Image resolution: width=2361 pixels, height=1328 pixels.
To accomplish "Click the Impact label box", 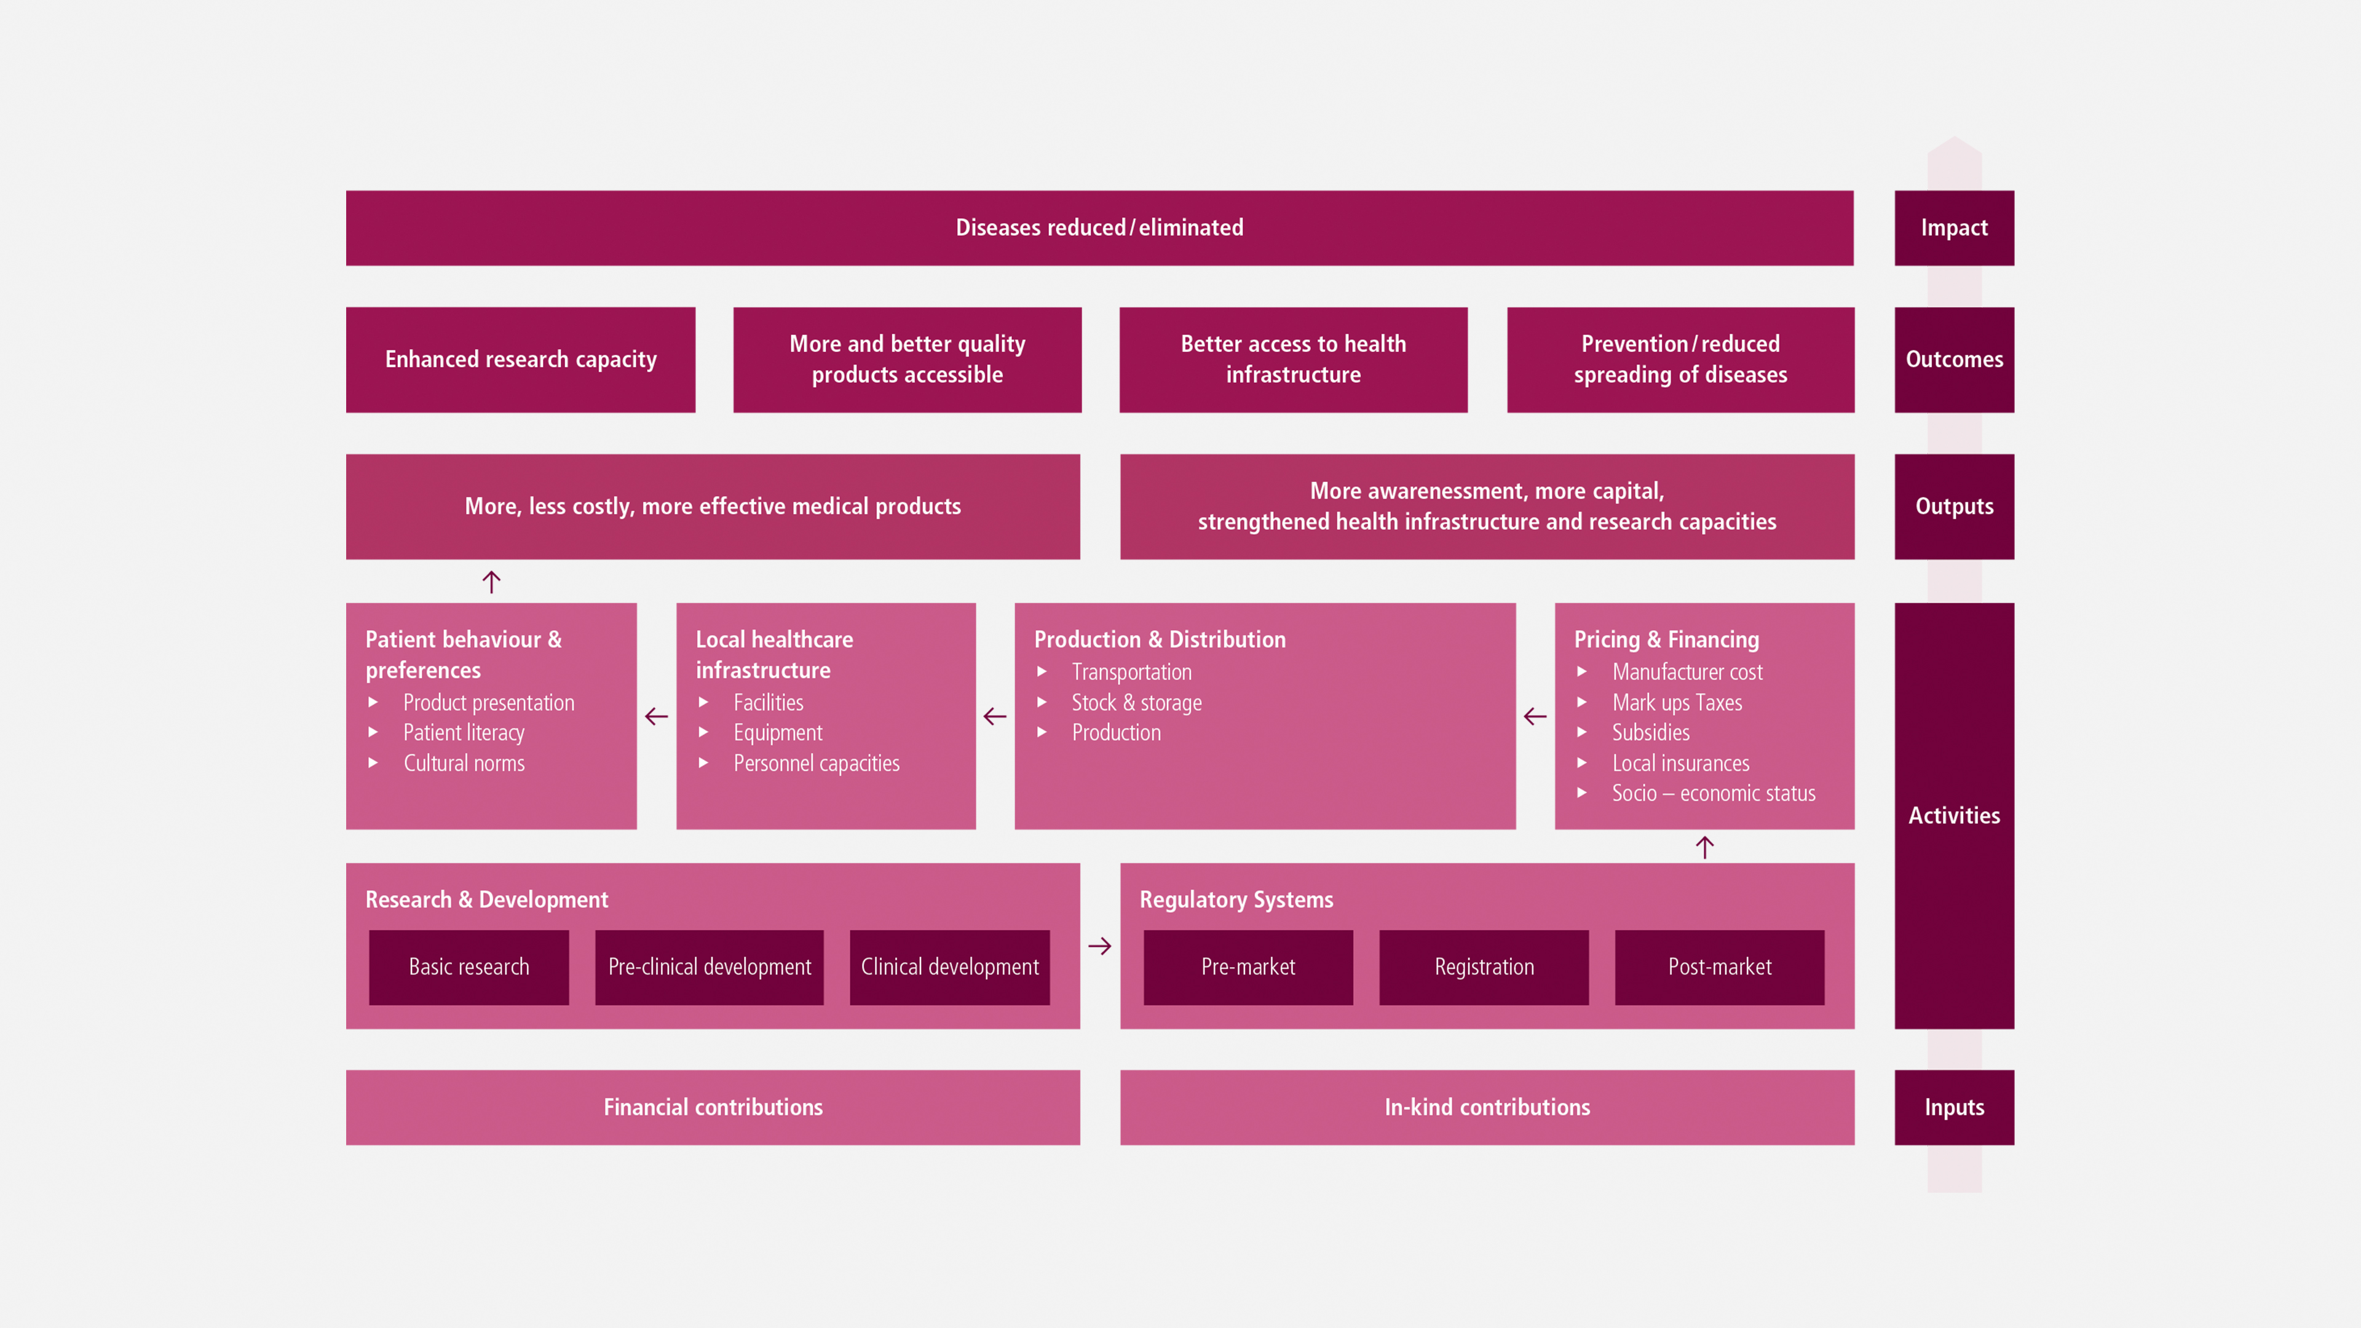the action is click(1954, 228).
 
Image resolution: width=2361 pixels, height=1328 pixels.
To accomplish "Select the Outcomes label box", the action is click(1954, 359).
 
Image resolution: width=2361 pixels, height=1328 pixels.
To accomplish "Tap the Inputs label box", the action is click(1954, 1107).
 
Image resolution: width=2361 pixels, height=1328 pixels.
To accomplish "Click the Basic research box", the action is click(469, 967).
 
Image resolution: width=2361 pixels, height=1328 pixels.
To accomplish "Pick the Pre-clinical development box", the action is click(710, 967).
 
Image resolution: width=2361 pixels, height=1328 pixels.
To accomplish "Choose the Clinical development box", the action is click(949, 967).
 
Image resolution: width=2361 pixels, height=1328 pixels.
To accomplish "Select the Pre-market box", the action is click(1248, 967).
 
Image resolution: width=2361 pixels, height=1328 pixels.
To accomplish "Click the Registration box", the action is click(1484, 967).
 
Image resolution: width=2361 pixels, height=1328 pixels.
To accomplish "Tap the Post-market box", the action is click(1720, 967).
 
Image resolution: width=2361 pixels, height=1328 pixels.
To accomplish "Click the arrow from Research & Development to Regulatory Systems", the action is click(1100, 946).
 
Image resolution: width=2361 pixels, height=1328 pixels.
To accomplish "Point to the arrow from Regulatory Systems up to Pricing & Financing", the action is click(1705, 847).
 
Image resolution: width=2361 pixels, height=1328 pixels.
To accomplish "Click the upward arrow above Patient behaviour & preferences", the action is click(491, 581).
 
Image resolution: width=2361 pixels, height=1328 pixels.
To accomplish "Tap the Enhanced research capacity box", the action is click(521, 359).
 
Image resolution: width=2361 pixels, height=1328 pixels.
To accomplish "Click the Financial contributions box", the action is click(713, 1107).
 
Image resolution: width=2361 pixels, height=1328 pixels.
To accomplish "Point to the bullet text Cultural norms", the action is click(464, 764).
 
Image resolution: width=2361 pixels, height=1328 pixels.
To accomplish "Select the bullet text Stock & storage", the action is click(1136, 703).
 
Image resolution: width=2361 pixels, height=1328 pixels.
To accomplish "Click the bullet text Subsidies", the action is click(1651, 732).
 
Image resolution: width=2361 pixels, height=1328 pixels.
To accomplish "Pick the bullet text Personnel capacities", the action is click(817, 764).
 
